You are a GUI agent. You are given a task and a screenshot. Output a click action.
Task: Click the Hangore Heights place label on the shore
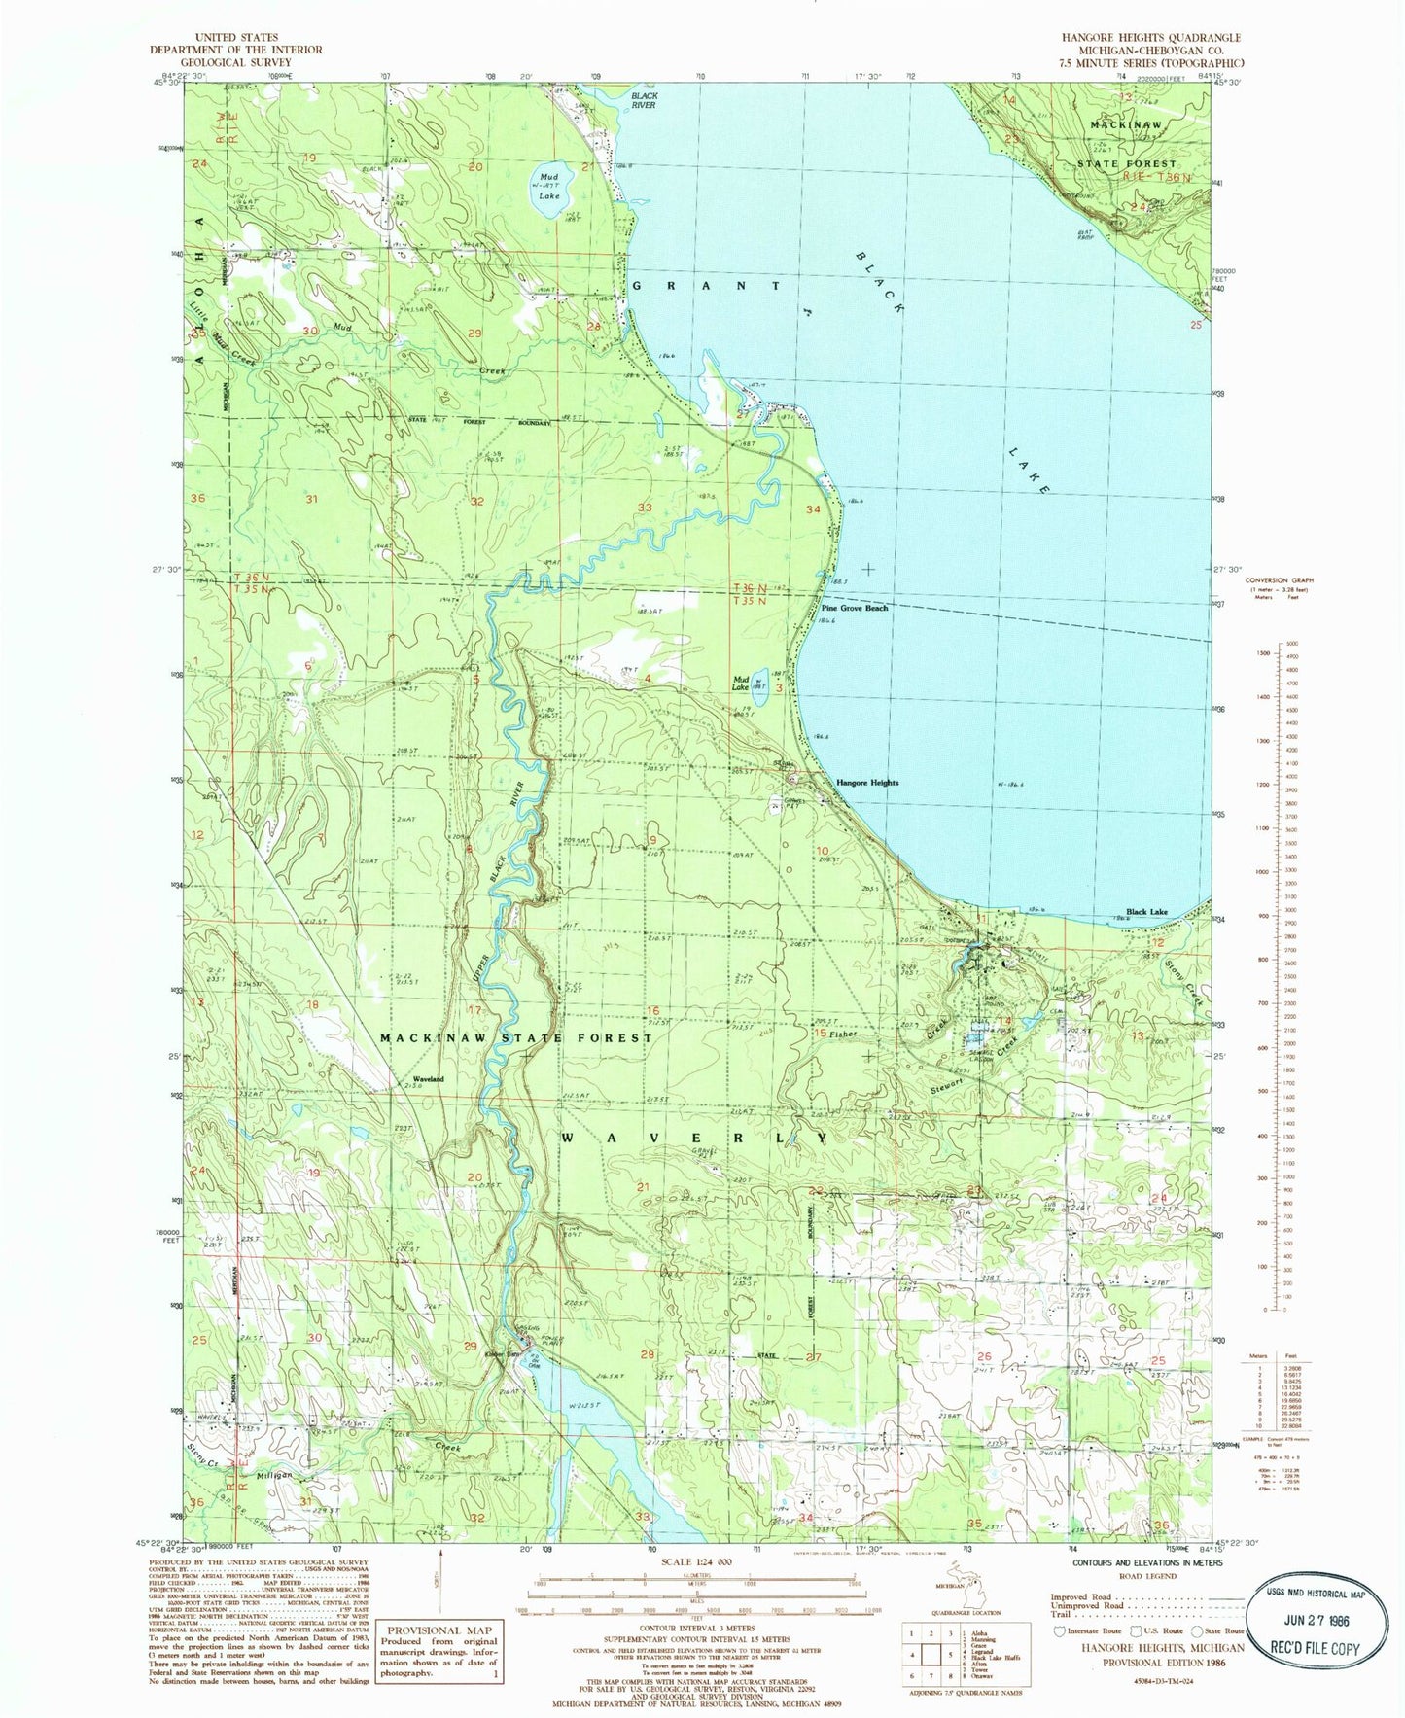[x=867, y=782]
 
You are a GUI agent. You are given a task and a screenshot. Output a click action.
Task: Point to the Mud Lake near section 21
[x=548, y=185]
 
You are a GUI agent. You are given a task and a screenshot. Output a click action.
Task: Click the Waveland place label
[x=428, y=1079]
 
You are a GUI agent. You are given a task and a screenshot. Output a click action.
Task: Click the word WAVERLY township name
[x=694, y=1138]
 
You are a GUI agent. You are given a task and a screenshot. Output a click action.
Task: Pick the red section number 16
[x=653, y=1011]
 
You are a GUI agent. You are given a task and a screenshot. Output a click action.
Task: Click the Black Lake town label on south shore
[x=1146, y=913]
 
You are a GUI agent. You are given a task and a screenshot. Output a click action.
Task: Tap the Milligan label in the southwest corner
[x=274, y=1475]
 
